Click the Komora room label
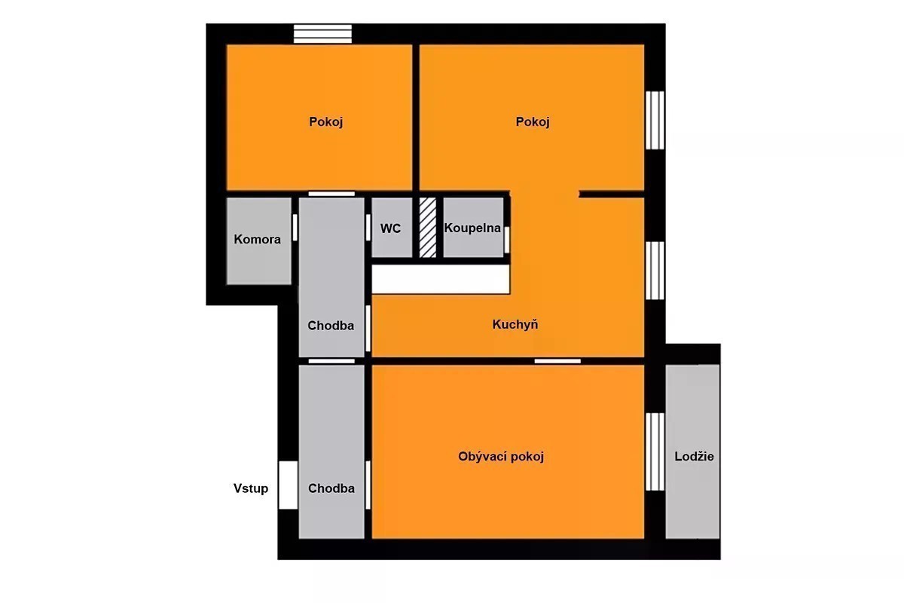(257, 240)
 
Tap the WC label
(390, 228)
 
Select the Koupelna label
(472, 228)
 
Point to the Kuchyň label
(515, 324)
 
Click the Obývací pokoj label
(501, 456)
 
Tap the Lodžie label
(694, 456)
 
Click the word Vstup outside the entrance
(251, 488)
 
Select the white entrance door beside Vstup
(288, 485)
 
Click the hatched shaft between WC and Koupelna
(427, 228)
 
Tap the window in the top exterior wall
(322, 34)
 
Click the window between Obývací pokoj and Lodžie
(655, 451)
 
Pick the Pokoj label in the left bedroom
(325, 121)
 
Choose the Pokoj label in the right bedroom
(533, 121)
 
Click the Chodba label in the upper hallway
(331, 326)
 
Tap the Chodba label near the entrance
(331, 488)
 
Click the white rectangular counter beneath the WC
(441, 279)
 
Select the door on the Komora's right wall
(295, 228)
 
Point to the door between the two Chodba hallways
(331, 361)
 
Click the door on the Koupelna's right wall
(507, 240)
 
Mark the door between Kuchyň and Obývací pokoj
(557, 361)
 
